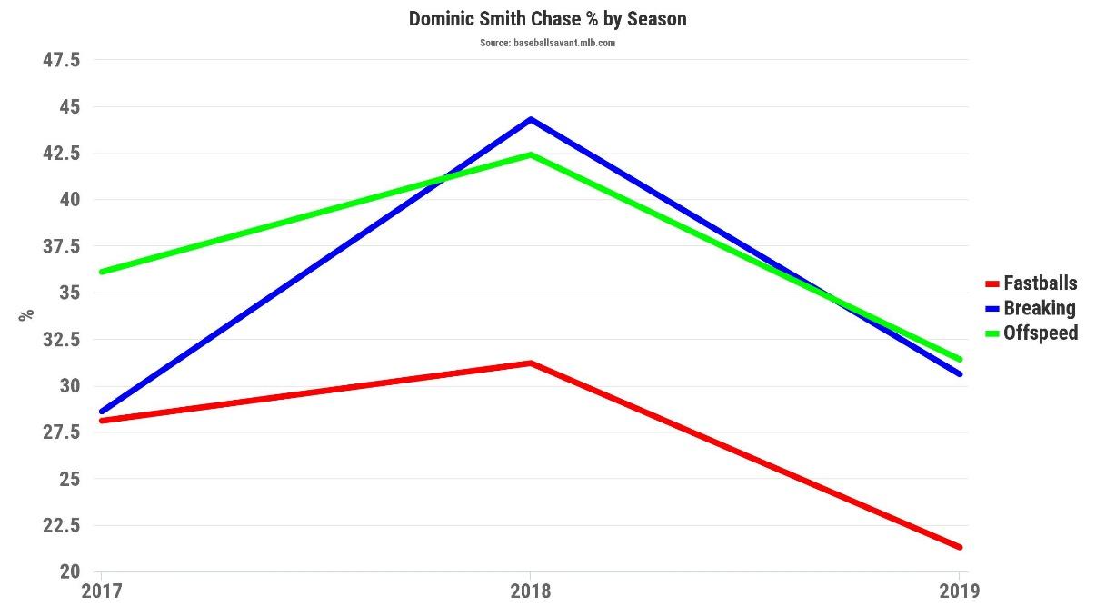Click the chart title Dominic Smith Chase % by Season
tap(547, 18)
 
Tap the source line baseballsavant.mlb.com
tap(547, 43)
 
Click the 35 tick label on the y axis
tap(70, 293)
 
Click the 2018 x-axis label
tap(530, 591)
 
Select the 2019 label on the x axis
tap(959, 591)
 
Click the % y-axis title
tap(26, 314)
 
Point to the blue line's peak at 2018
tap(530, 119)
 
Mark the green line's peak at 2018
tap(530, 154)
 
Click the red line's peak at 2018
tap(530, 363)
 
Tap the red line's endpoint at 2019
tap(959, 547)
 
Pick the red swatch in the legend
tap(992, 284)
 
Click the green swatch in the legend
tap(992, 333)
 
